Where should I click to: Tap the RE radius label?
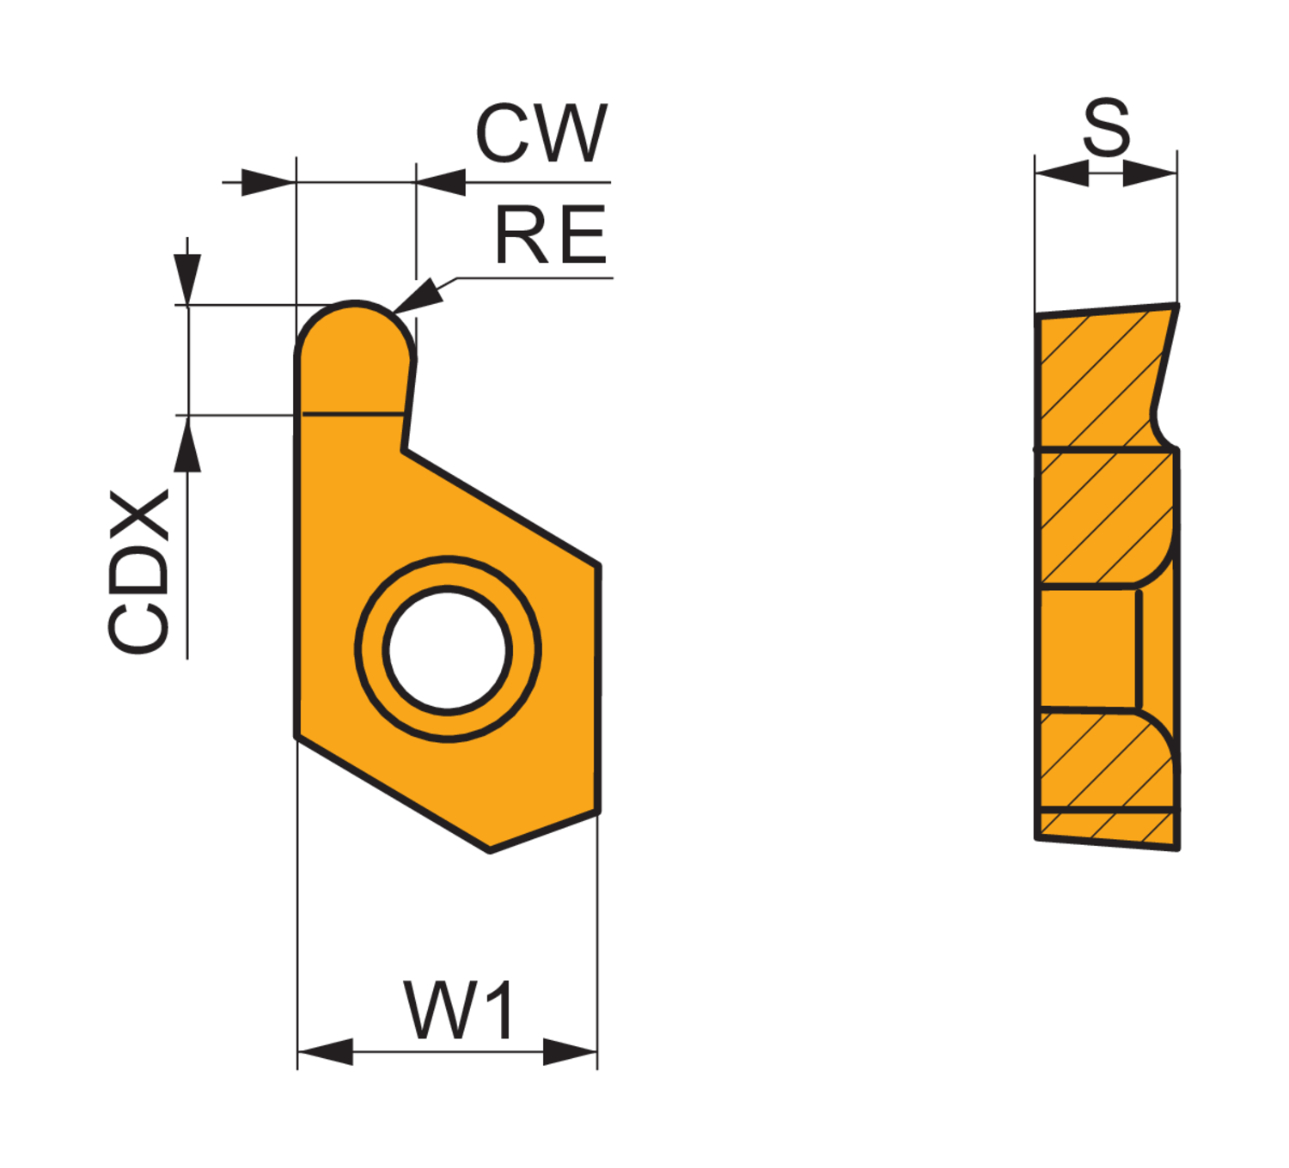[x=551, y=234]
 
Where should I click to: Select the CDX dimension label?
[x=138, y=571]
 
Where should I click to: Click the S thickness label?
[x=1106, y=127]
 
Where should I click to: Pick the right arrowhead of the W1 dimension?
[x=570, y=1051]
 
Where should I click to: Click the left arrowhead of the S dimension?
[x=1062, y=173]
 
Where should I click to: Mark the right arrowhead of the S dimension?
[x=1150, y=173]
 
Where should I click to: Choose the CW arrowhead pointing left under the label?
[x=442, y=182]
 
